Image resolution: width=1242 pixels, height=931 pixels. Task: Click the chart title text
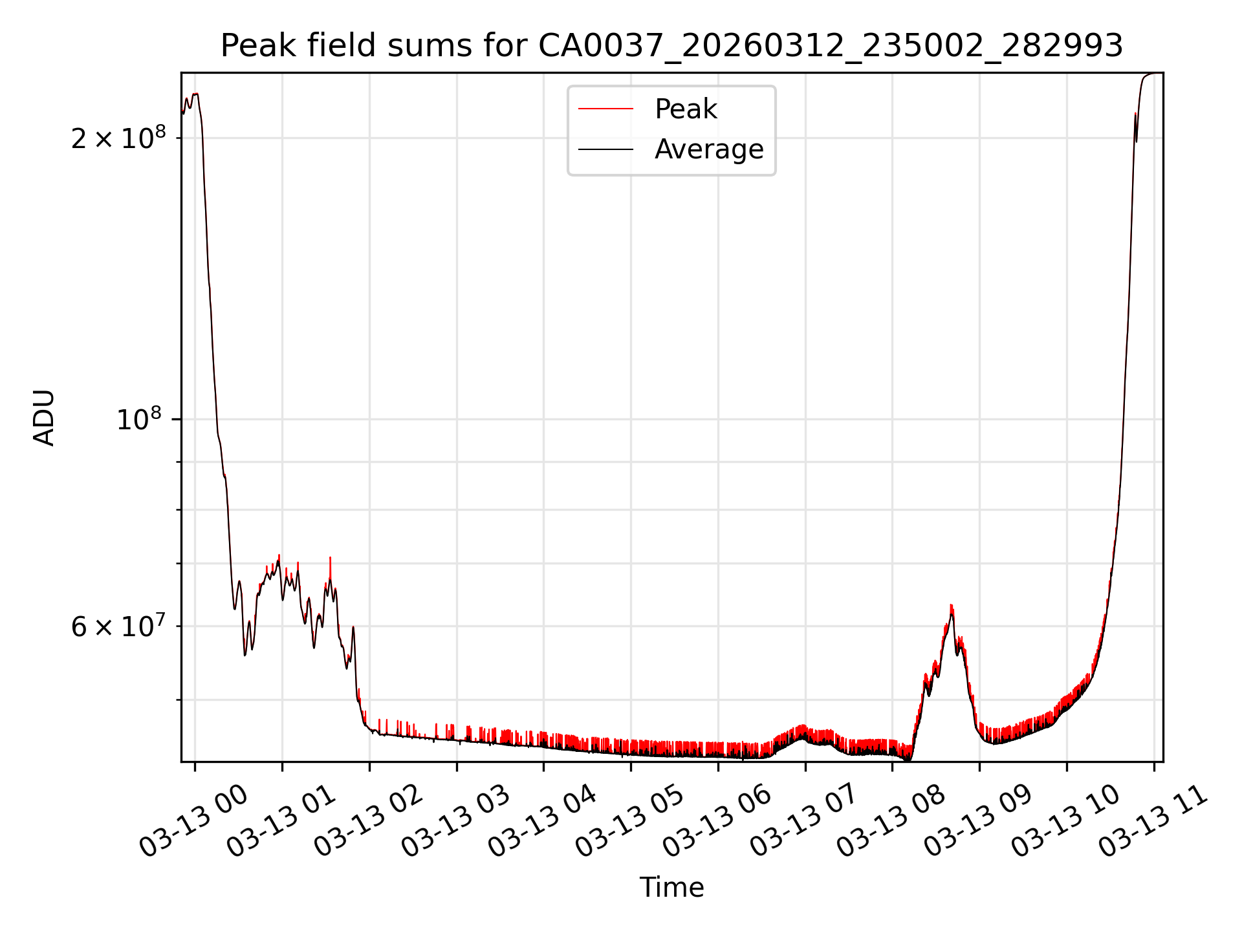671,46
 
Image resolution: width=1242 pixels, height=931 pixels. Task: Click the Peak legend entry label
686,109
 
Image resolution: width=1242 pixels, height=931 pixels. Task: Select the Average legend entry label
709,149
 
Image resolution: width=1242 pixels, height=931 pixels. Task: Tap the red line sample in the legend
605,109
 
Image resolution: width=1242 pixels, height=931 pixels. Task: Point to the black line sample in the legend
605,149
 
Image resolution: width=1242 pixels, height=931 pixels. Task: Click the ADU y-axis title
44,418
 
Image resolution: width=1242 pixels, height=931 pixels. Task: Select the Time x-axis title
671,888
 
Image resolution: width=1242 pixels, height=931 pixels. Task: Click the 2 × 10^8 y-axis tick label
118,138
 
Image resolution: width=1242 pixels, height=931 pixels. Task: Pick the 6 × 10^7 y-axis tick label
118,626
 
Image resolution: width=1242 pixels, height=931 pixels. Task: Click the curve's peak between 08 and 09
952,606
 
